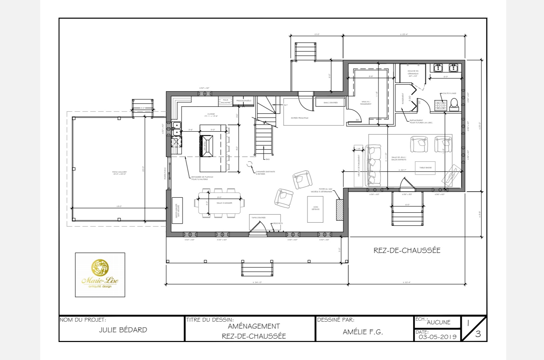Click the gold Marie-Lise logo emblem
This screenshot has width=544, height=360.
coord(100,268)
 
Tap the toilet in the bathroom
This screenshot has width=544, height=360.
coord(454,105)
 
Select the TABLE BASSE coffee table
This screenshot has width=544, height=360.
coord(425,167)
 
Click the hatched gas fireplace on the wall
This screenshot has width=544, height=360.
coord(339,210)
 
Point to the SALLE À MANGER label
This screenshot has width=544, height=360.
coord(224,203)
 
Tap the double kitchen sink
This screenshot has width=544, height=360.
coord(176,129)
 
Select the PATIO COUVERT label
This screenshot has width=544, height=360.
coord(119,173)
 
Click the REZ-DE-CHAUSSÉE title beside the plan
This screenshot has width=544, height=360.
coord(407,250)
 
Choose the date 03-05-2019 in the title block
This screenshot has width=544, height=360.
coord(438,337)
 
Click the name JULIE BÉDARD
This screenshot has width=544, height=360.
coord(123,330)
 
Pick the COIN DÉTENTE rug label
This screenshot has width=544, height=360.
coord(315,208)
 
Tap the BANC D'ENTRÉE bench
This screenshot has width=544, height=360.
coord(331,103)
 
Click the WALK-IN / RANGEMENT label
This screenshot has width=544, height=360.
coord(366,103)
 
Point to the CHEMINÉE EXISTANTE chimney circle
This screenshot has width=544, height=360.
coord(249,164)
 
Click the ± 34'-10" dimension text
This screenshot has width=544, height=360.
coord(257,283)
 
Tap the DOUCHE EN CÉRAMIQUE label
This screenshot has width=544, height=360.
coord(413,73)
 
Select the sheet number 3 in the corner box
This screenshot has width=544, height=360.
coord(478,334)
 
